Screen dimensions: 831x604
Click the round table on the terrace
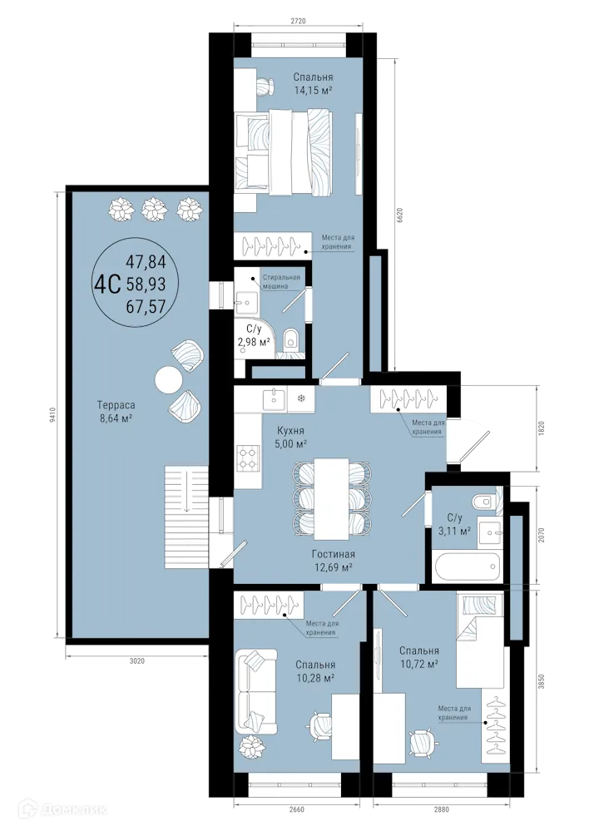click(168, 379)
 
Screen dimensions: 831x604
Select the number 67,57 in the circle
click(146, 305)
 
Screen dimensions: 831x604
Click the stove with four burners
click(249, 457)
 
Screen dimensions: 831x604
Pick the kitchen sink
click(272, 399)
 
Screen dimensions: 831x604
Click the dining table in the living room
click(331, 497)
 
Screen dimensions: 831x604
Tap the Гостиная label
click(334, 555)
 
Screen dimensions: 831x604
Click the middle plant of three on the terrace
click(154, 207)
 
